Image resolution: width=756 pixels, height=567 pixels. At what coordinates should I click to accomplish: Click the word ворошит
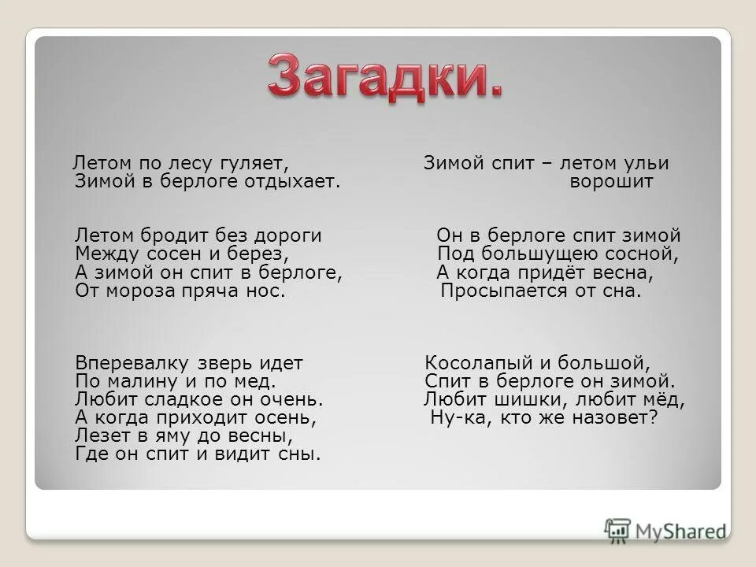[x=611, y=182]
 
